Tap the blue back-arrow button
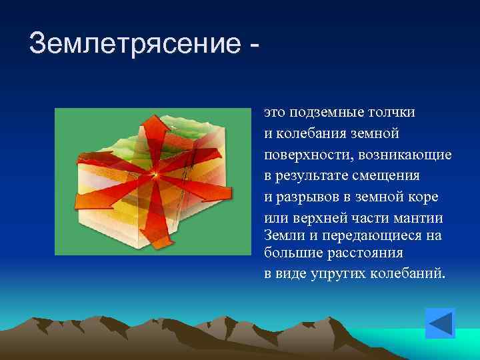(x=439, y=323)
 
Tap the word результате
(x=317, y=177)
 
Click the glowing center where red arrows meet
(x=155, y=175)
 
